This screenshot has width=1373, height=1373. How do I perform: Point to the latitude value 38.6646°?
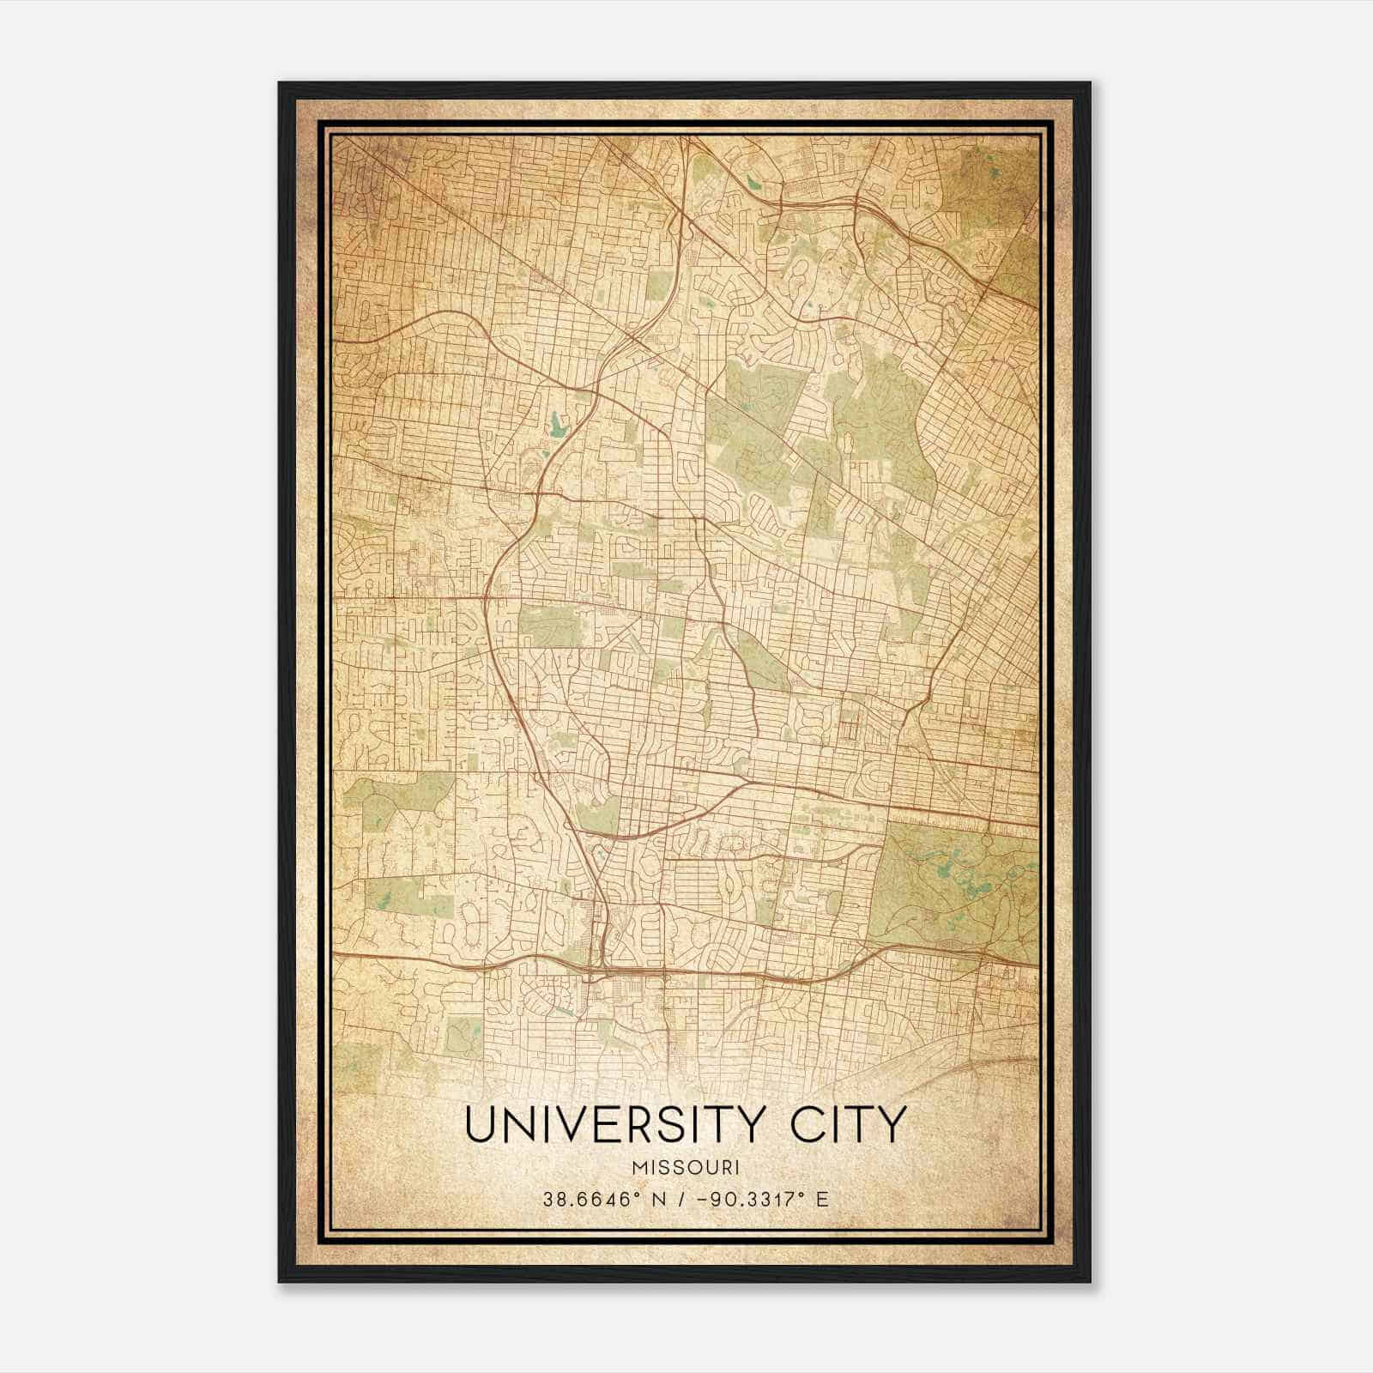click(586, 1199)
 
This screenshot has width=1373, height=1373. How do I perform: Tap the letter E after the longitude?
click(822, 1199)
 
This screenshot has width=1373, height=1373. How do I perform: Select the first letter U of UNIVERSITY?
click(481, 1125)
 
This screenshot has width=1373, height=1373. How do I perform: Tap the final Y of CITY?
click(892, 1125)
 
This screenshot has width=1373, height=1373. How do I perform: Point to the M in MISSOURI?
click(637, 1167)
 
